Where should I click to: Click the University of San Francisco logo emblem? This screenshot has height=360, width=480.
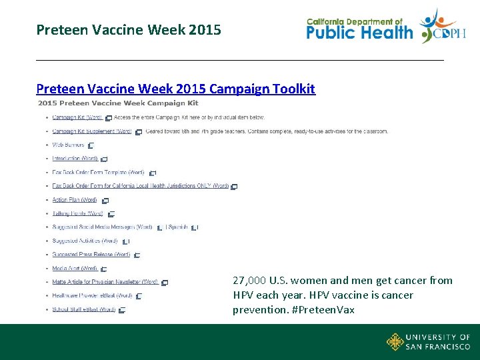point(395,342)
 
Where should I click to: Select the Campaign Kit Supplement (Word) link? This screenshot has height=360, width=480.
point(92,131)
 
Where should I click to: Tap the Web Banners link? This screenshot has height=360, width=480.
point(68,145)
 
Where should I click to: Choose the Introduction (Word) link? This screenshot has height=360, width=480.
point(75,159)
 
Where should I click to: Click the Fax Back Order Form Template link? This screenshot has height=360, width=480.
point(98,172)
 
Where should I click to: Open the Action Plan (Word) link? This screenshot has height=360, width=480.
point(75,199)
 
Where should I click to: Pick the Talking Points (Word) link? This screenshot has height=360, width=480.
point(77,213)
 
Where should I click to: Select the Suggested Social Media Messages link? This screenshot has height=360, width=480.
point(102,227)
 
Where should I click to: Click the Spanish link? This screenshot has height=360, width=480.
point(178,227)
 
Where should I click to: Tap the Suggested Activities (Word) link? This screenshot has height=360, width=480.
point(85,241)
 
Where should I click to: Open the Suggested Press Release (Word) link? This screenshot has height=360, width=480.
point(91,254)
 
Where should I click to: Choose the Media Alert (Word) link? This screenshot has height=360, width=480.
point(75,268)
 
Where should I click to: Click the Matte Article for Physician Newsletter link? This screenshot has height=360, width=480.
point(105,282)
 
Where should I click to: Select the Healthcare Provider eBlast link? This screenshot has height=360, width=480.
point(92,295)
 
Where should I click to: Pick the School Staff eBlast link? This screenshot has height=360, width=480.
point(83,309)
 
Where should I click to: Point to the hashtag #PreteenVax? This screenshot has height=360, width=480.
point(327,310)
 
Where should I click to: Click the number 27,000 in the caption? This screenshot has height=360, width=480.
point(248,281)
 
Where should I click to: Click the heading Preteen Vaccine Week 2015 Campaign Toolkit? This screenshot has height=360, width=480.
point(175,89)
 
